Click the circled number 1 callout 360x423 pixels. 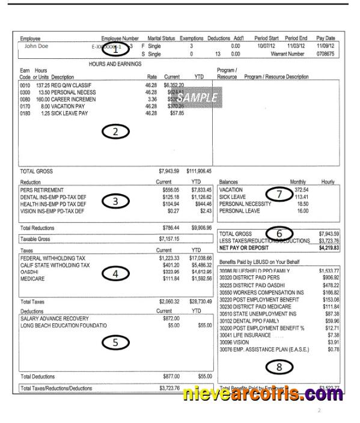(114, 51)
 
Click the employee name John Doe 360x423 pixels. (37, 45)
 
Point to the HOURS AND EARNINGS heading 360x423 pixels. (115, 63)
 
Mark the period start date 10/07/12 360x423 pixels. (266, 45)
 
